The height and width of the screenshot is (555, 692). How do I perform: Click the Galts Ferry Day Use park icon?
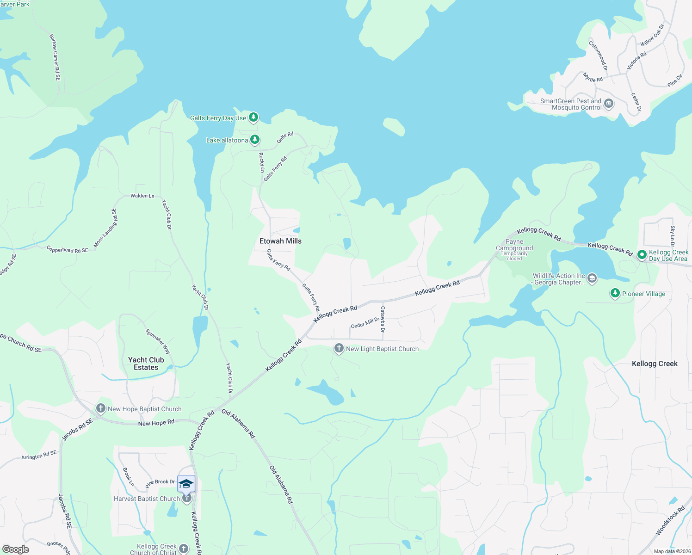point(253,117)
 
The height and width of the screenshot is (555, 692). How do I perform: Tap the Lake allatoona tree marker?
point(254,139)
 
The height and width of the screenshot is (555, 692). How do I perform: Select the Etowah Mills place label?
point(280,241)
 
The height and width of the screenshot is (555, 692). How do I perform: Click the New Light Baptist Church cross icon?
point(339,348)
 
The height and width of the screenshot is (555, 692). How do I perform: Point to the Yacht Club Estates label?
point(146,364)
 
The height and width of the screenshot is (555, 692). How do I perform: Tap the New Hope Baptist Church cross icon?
point(100,408)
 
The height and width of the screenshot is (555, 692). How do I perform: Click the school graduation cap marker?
point(186,484)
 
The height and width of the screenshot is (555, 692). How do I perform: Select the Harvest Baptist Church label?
point(147,499)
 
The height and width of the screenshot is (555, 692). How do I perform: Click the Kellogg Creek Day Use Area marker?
point(642,255)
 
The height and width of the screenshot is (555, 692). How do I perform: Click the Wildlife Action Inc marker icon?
point(592,278)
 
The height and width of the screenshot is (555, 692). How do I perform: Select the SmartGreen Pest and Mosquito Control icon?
point(609,103)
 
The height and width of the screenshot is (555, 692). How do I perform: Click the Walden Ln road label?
point(142,196)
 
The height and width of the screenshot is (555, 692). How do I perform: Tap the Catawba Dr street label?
point(383,319)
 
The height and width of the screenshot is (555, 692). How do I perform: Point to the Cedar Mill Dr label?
point(365,323)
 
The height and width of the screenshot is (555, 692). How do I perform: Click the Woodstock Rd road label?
point(670,521)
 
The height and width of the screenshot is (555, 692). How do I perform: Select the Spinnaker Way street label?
point(158,341)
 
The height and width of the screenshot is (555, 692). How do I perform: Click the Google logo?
point(16,549)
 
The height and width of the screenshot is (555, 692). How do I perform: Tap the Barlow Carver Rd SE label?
point(55,57)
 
